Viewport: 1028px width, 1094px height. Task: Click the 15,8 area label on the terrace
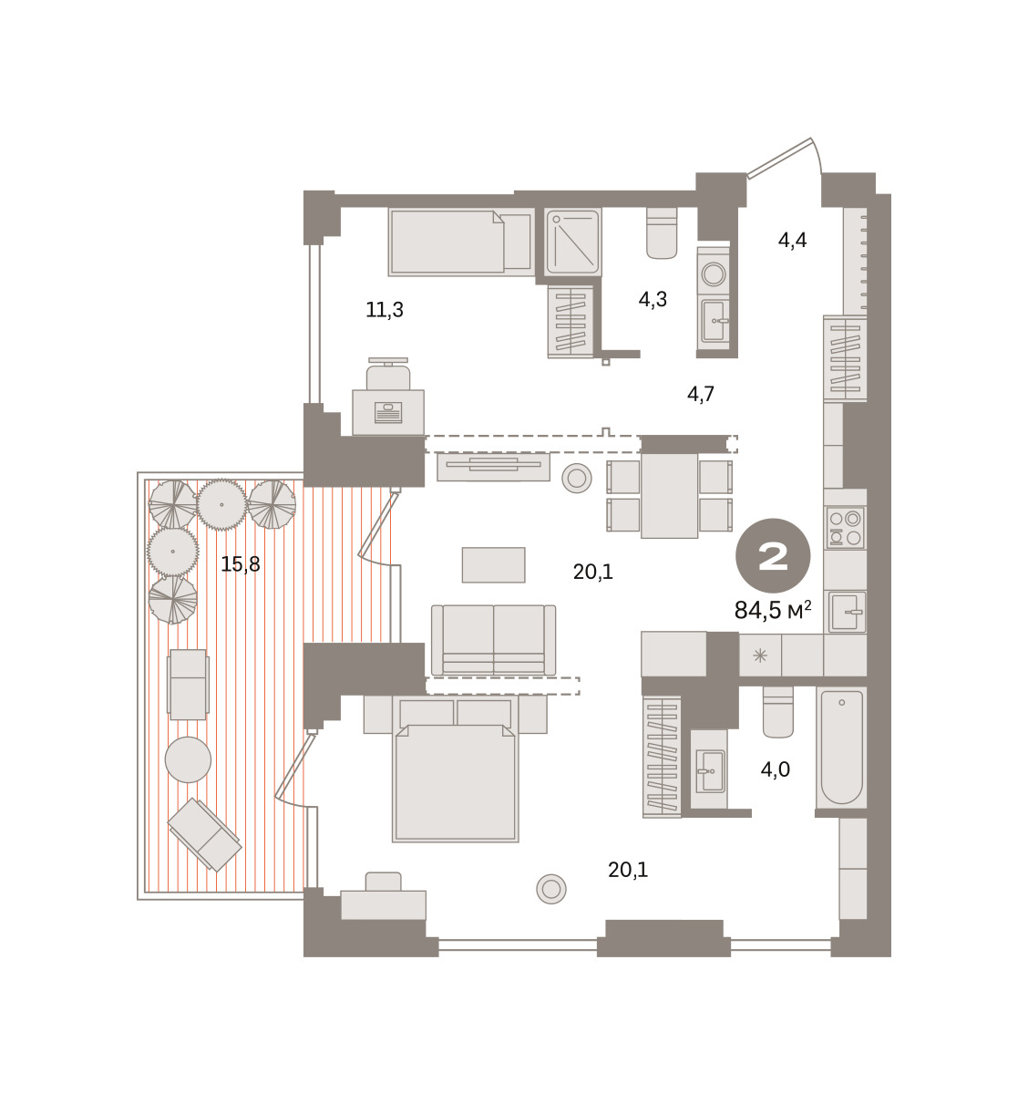[241, 564]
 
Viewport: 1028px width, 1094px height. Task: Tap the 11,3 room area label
[385, 310]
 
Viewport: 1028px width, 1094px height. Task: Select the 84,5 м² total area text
[773, 610]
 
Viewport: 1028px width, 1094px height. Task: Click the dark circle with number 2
[773, 556]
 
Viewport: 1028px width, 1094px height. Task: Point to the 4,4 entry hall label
[792, 240]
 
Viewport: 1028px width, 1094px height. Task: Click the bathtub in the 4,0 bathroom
[841, 748]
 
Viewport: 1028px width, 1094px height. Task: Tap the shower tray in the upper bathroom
[572, 243]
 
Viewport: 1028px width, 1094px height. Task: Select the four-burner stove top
[845, 528]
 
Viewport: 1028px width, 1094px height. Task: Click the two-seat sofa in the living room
[493, 640]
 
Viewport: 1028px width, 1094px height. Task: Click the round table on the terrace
[188, 759]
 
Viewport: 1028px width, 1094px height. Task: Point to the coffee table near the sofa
[493, 564]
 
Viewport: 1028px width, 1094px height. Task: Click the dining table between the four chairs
[669, 495]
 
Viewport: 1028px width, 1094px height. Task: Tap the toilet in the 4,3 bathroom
[662, 232]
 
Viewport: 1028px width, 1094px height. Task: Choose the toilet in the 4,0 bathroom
[778, 712]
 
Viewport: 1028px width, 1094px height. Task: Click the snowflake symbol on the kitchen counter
[760, 655]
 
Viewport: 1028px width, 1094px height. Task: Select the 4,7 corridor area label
[701, 394]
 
